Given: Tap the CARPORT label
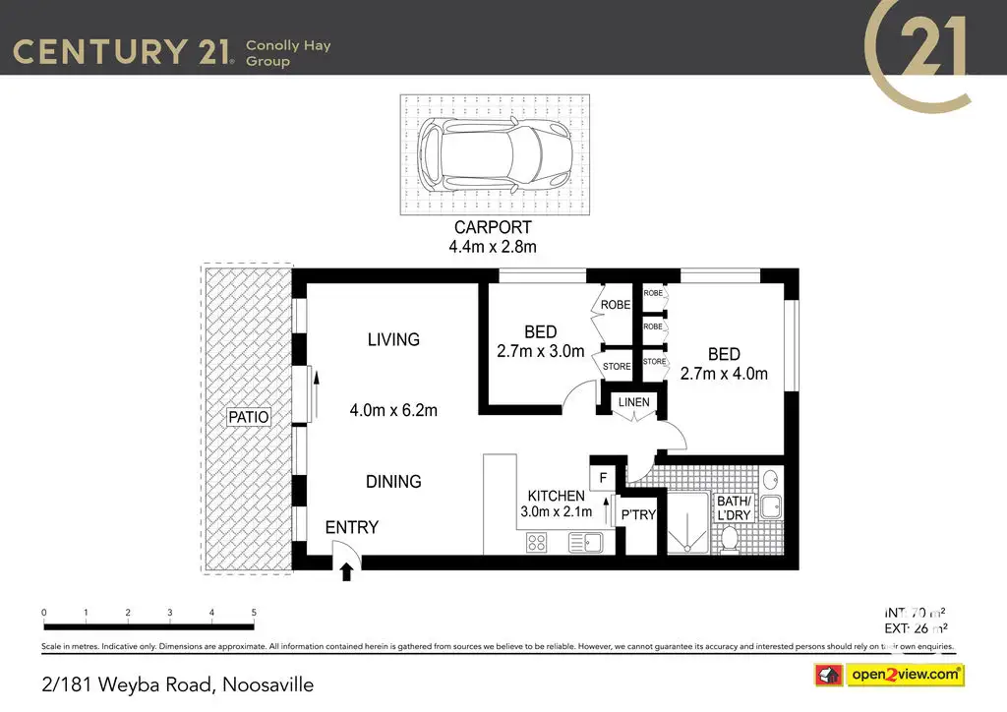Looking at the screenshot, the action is (x=493, y=228).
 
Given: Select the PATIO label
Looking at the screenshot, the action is (x=249, y=417).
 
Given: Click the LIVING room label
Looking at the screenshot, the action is (x=393, y=339).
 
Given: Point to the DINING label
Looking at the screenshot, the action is (x=393, y=482).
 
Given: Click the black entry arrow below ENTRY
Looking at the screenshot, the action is (x=346, y=572).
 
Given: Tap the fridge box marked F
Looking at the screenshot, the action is (x=602, y=479).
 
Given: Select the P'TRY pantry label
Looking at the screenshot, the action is (x=638, y=515).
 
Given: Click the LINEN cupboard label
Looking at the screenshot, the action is (x=632, y=403).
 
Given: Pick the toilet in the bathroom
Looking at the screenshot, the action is (x=730, y=538).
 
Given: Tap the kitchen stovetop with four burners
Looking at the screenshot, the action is (x=537, y=541).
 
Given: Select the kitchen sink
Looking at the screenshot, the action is (x=587, y=541).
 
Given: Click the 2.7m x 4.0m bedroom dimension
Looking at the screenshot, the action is (x=724, y=374).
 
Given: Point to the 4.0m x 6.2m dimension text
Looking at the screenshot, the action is (x=393, y=410).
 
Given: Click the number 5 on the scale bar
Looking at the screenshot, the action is (x=254, y=613).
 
